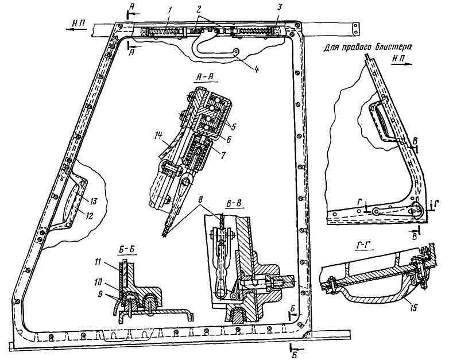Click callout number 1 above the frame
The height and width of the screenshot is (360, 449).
pos(170,10)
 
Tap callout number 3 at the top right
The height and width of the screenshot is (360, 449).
pos(280,8)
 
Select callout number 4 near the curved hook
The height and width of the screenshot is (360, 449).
pos(256,69)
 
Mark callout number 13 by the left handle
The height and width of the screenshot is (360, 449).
pos(93,202)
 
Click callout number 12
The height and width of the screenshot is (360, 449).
pos(90,216)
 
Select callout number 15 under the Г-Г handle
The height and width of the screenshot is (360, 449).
pos(414,308)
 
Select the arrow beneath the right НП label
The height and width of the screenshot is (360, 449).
pos(402,65)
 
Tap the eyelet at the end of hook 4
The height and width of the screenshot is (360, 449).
pos(237,51)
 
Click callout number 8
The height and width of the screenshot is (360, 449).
pos(200,199)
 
